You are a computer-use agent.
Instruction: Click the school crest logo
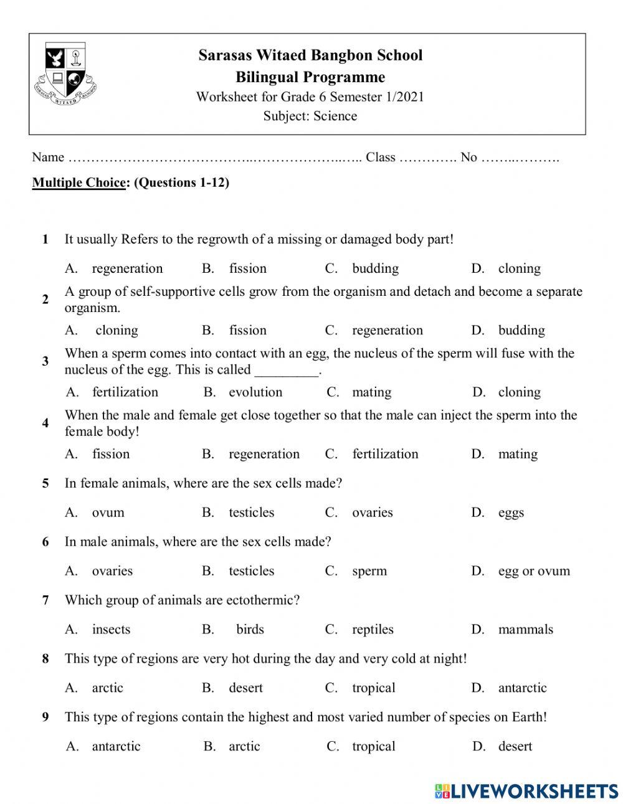click(x=66, y=73)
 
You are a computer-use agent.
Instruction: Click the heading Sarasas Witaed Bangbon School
click(x=310, y=55)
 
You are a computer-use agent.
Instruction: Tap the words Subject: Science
click(x=310, y=116)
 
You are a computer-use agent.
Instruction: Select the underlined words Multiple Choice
click(x=79, y=182)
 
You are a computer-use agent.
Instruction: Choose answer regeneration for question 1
click(x=127, y=268)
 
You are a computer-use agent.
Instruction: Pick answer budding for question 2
click(x=521, y=330)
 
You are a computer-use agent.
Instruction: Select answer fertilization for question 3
click(x=125, y=392)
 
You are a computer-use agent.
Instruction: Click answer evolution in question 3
click(x=255, y=392)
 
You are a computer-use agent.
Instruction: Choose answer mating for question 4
click(x=517, y=454)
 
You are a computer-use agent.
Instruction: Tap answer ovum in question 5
click(x=108, y=513)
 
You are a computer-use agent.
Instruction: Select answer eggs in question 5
click(x=511, y=513)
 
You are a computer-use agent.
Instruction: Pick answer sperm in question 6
click(x=369, y=571)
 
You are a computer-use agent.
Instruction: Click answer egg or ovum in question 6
click(x=534, y=571)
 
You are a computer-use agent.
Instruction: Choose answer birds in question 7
click(x=250, y=630)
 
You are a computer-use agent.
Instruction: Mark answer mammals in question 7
click(x=525, y=630)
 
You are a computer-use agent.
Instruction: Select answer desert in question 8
click(x=245, y=688)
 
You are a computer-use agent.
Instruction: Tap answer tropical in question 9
click(x=373, y=746)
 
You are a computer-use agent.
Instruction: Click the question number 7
click(x=45, y=600)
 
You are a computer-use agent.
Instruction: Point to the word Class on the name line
click(x=381, y=157)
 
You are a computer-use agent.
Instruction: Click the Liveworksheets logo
click(x=526, y=791)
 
